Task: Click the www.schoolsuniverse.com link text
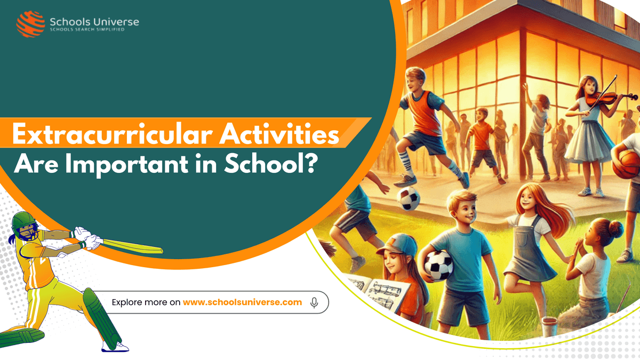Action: click(242, 302)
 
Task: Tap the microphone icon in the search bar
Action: click(314, 302)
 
